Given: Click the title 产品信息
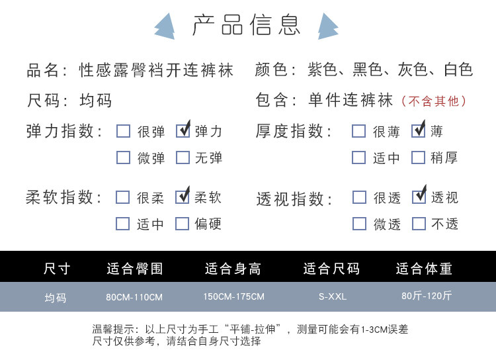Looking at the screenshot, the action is click(247, 24).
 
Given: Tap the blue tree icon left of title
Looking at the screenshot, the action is click(164, 26).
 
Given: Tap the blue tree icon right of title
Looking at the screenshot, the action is click(327, 26).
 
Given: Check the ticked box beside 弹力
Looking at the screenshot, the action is click(183, 130).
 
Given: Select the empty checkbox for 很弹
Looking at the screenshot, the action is click(123, 130).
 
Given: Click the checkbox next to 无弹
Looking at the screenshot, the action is click(183, 157).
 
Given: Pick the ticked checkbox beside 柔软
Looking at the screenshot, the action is click(183, 197).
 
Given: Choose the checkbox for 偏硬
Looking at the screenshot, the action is click(183, 224).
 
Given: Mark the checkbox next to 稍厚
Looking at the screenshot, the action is click(418, 157).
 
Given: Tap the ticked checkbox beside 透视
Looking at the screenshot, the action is click(419, 197).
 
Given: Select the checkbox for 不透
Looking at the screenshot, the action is click(419, 224).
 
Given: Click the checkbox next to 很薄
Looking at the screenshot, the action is click(358, 130).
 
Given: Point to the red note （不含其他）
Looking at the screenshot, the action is click(435, 101).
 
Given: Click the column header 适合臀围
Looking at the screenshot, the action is click(134, 269).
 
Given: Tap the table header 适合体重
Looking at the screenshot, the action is click(424, 269).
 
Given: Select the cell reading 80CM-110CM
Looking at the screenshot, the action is click(134, 297).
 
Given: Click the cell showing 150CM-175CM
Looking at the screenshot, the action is click(233, 296).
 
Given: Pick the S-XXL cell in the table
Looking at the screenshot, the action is click(333, 296).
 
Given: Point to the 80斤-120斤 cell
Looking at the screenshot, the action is click(427, 296).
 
